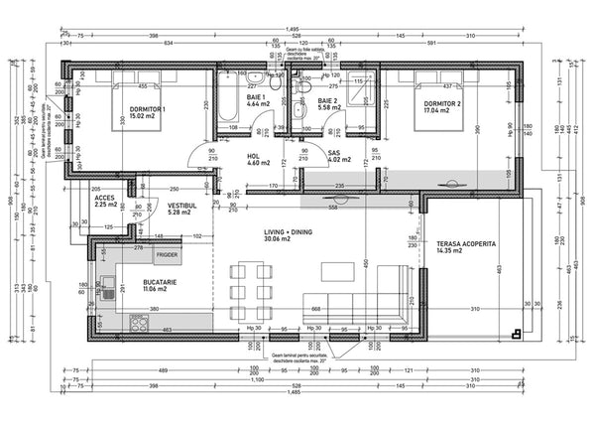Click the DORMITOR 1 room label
click(146, 108)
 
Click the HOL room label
click(254, 155)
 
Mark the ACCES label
click(106, 198)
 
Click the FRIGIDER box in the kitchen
click(167, 255)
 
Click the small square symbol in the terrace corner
click(515, 333)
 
